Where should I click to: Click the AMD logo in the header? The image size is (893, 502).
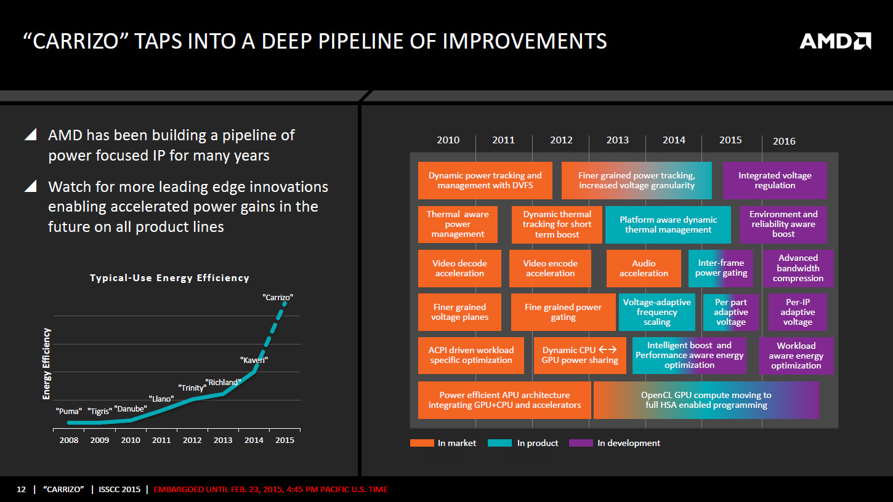(835, 41)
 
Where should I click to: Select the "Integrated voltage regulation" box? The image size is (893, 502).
(775, 180)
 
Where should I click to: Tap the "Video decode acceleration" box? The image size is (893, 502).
(459, 268)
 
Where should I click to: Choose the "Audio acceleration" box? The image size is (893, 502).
(644, 268)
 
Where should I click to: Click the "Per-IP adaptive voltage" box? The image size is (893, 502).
(798, 312)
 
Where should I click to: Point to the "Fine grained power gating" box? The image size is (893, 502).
(563, 312)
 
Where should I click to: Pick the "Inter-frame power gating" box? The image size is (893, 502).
(721, 268)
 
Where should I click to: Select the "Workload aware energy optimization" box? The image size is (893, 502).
(796, 356)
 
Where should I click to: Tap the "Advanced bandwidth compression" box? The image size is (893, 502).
(798, 268)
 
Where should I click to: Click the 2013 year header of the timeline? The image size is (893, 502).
(617, 140)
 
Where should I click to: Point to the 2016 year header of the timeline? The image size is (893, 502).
(784, 141)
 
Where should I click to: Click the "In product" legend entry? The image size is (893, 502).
(523, 443)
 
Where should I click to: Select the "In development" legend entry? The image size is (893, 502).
(614, 443)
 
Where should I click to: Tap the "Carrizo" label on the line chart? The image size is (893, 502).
(278, 297)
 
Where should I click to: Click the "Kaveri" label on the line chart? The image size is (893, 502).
(254, 360)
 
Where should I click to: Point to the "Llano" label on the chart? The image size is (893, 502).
(161, 399)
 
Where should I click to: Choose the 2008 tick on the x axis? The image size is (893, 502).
(69, 440)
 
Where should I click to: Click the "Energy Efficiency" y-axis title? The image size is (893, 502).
(47, 364)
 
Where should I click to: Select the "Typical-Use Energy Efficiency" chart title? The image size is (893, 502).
(169, 278)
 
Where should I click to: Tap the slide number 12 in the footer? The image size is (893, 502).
(22, 490)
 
